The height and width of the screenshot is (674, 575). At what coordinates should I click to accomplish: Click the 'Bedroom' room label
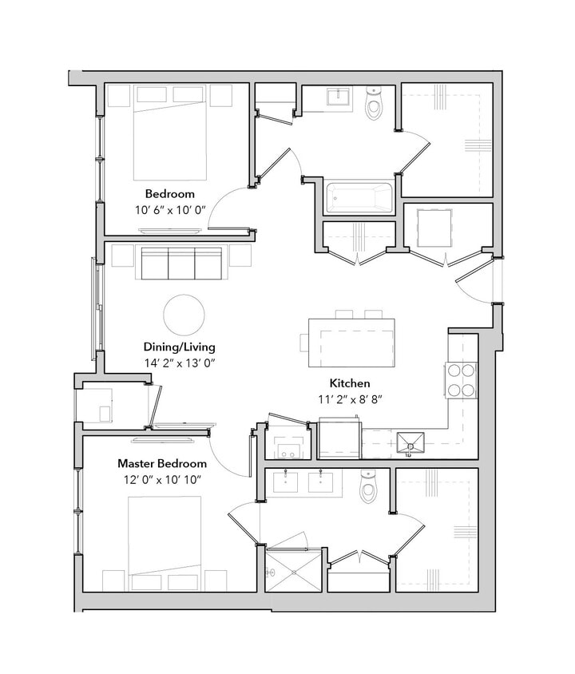[x=169, y=194]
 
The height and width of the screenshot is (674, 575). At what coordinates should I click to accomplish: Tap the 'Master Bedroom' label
[x=162, y=463]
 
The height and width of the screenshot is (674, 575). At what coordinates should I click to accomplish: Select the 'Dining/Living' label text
[x=179, y=347]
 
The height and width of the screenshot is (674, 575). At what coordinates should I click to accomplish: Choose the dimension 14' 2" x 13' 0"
[x=180, y=363]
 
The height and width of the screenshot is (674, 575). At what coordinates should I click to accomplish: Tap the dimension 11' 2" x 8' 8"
[x=351, y=398]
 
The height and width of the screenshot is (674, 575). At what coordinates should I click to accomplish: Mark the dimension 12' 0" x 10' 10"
[x=162, y=479]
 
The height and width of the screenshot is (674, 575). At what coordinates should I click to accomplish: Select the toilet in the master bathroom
[x=368, y=487]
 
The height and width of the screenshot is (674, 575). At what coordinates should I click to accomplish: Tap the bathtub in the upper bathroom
[x=360, y=197]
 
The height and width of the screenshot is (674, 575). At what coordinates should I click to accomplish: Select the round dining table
[x=184, y=315]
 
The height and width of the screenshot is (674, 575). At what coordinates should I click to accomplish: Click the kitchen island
[x=351, y=335]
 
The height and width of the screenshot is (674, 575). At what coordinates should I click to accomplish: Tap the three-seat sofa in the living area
[x=181, y=263]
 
